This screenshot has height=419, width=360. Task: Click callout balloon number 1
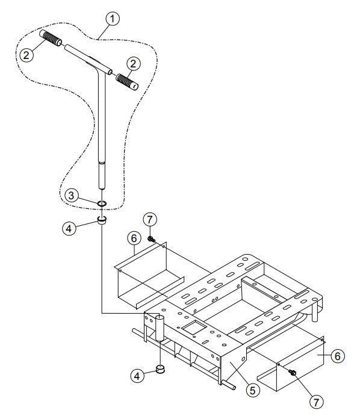(112, 19)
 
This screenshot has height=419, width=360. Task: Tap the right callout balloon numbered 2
(134, 63)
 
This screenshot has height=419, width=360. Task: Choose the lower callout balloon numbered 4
(138, 374)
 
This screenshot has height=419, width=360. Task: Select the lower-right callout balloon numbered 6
(338, 356)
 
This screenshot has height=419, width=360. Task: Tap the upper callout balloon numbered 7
(150, 219)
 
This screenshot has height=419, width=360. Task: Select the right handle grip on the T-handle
(126, 80)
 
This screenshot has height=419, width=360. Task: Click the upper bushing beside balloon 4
(102, 220)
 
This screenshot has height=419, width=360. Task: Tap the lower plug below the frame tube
(161, 369)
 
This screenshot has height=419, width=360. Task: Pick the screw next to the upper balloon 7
(151, 240)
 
